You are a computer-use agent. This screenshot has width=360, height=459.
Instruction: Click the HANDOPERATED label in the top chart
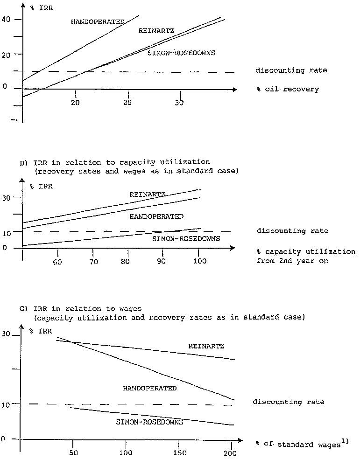[98, 21]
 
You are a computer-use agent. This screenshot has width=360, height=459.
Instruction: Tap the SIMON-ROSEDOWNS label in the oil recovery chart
[181, 53]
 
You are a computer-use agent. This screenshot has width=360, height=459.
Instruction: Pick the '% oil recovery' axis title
[287, 89]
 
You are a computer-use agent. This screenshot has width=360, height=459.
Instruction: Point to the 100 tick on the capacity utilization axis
[199, 262]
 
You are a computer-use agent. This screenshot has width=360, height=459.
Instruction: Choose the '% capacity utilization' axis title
[306, 252]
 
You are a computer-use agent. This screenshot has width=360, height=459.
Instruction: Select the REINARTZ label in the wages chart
[206, 347]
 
